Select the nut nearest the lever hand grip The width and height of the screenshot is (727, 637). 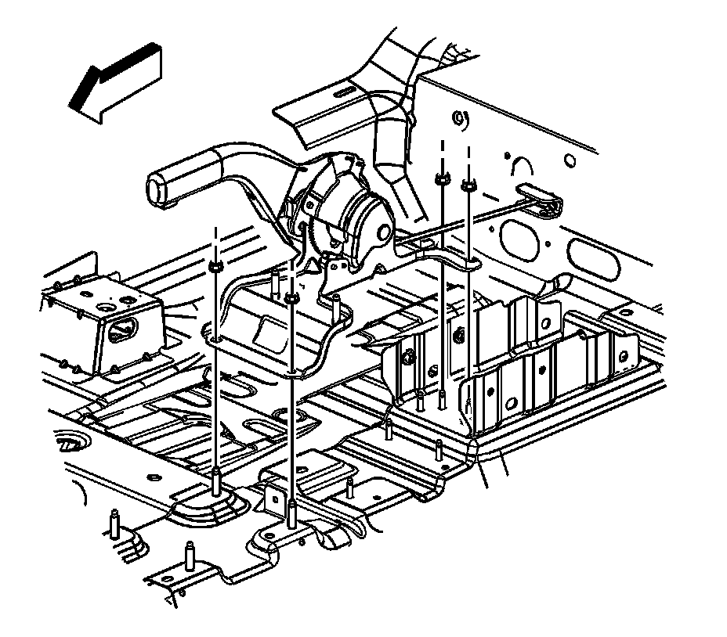215,268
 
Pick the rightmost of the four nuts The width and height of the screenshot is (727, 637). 468,185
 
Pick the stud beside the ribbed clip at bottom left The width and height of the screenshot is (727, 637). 114,523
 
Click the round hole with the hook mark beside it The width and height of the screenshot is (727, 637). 461,120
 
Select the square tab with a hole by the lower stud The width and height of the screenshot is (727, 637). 276,497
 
